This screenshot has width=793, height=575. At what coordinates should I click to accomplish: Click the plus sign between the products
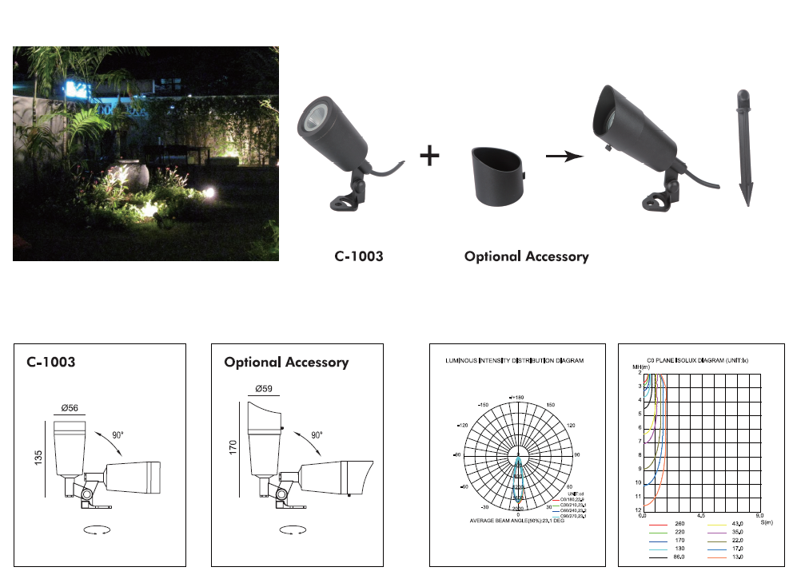click(x=430, y=156)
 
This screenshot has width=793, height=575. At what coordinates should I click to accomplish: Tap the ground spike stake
click(x=743, y=149)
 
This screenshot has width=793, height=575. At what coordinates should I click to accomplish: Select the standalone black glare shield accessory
click(x=496, y=175)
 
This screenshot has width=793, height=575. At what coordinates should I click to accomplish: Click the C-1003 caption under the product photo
click(x=358, y=257)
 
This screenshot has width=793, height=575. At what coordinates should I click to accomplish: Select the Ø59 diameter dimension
click(x=264, y=389)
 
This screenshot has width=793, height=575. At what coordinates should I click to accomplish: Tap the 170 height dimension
click(x=234, y=448)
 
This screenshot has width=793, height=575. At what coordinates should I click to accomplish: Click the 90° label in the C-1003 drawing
click(x=118, y=435)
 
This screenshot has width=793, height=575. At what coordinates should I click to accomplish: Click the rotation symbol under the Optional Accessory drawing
click(x=290, y=529)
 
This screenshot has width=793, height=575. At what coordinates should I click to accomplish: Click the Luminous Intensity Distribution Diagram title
click(x=514, y=361)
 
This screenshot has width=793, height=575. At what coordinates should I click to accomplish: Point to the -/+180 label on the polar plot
click(x=517, y=397)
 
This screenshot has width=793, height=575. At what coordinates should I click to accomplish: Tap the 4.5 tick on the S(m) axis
click(x=701, y=516)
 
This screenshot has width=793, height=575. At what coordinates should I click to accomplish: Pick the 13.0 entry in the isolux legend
click(x=738, y=558)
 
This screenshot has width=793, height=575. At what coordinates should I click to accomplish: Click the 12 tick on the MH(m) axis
click(x=639, y=510)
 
